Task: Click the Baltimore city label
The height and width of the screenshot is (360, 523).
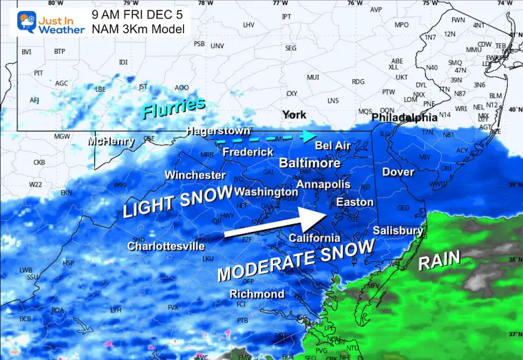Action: pyautogui.click(x=309, y=163)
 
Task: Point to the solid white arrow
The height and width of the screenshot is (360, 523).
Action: pyautogui.click(x=275, y=224)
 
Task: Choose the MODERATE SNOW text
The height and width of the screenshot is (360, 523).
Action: pyautogui.click(x=295, y=260)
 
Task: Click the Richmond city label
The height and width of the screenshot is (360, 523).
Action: pyautogui.click(x=257, y=294)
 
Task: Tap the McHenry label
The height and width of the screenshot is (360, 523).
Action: pyautogui.click(x=111, y=141)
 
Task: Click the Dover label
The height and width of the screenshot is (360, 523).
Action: pyautogui.click(x=398, y=171)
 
